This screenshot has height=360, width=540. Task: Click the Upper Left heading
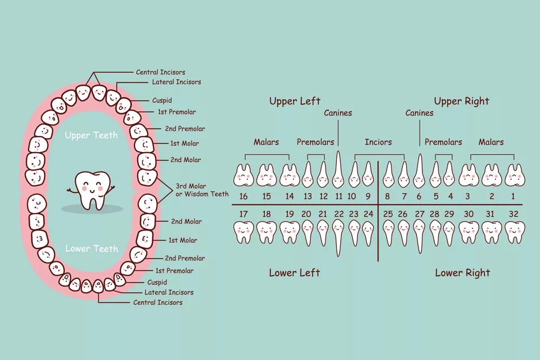[294, 101]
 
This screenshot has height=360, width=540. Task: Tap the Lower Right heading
[462, 273]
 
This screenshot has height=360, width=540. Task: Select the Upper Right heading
[461, 101]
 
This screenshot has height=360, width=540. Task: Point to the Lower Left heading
[294, 273]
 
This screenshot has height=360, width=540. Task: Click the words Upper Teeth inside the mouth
[91, 135]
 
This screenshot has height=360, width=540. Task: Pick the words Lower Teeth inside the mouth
[91, 248]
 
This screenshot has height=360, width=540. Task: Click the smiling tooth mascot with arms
[91, 189]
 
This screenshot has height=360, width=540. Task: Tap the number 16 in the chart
[244, 196]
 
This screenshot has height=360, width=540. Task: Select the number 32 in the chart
[513, 214]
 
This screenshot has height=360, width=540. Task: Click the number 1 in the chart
[513, 196]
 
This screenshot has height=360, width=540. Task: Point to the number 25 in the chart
[388, 214]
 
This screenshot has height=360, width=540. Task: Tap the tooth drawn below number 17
[244, 232]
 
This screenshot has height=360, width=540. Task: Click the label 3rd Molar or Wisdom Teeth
[202, 190]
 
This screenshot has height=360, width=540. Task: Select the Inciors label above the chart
[378, 142]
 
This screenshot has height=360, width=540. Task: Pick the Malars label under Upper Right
[491, 142]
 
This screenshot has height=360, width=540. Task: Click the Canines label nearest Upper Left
[338, 113]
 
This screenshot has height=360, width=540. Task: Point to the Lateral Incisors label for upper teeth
[176, 82]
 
